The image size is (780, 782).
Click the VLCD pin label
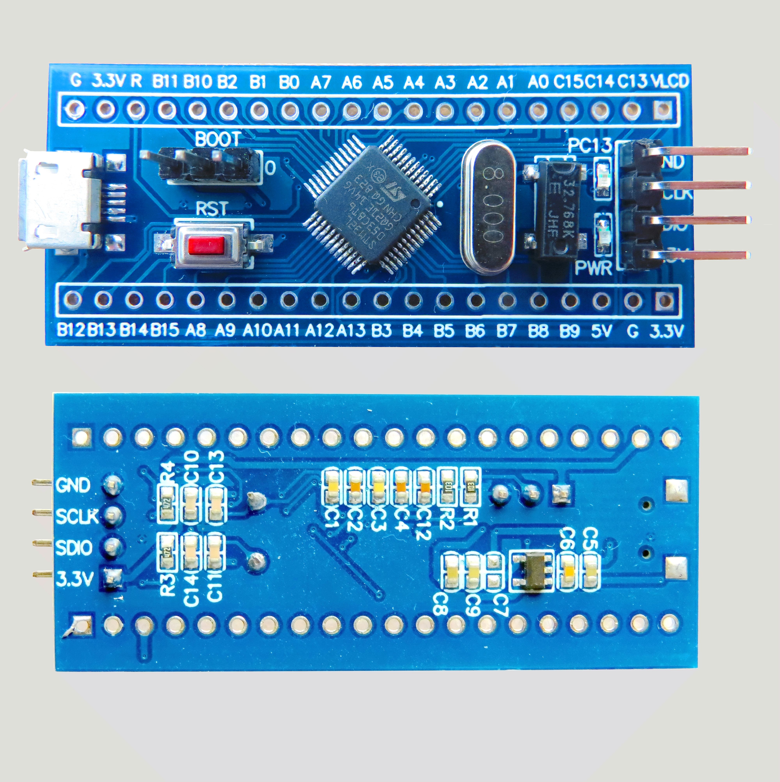click(670, 82)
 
